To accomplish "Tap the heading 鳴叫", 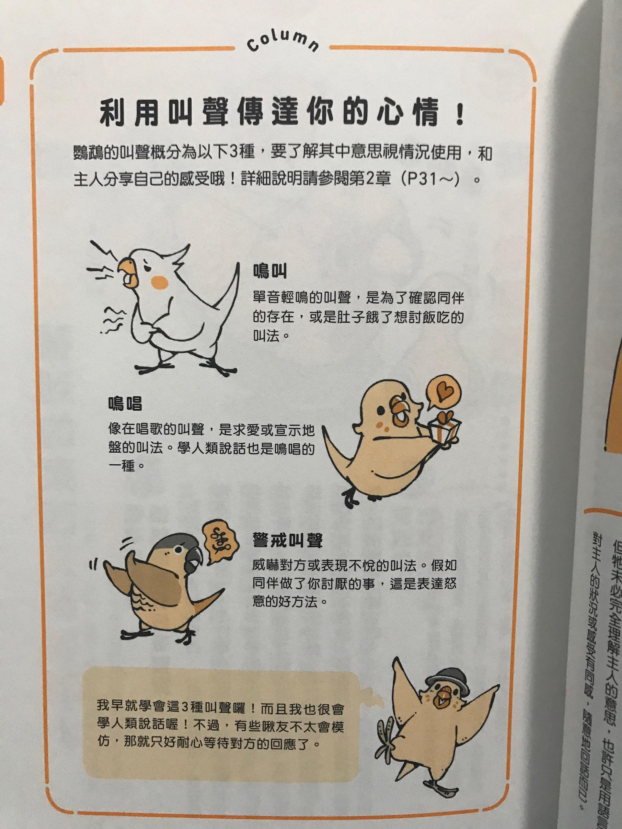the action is click(x=270, y=271).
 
